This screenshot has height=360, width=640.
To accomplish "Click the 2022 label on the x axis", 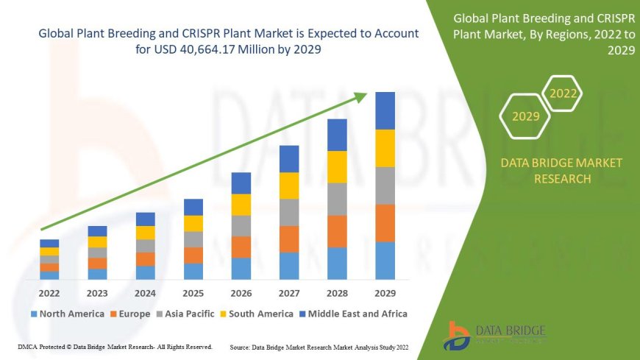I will [49, 293].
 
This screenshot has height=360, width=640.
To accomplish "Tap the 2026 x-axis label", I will [241, 293].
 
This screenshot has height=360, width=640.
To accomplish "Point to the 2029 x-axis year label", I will [385, 293].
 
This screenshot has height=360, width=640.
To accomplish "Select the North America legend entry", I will [65, 314].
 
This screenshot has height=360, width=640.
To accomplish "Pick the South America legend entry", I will [257, 314].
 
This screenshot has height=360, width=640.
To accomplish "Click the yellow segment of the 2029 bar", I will [385, 148].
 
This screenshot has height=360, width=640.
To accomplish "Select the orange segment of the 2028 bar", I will [337, 231].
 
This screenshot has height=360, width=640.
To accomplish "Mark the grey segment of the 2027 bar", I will [289, 212].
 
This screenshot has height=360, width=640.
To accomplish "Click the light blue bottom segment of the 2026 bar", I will [241, 268].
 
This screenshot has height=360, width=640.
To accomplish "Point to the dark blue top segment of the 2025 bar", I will [193, 207].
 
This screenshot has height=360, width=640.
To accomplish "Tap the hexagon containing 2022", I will [563, 93].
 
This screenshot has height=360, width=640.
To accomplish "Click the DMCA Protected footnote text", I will [115, 346].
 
